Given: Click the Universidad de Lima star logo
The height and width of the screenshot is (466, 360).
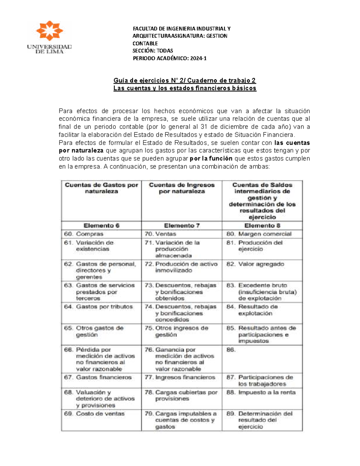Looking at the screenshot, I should click(49, 31).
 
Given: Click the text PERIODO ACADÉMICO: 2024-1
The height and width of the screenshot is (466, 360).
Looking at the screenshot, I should click(169, 58).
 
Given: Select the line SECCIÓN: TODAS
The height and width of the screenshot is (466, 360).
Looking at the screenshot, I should click(153, 51).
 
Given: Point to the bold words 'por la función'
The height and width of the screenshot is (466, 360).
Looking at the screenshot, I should click(211, 158).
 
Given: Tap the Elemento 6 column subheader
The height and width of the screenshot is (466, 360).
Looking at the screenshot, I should click(101, 226).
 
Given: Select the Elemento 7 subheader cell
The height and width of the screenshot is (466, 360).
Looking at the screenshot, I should click(182, 226).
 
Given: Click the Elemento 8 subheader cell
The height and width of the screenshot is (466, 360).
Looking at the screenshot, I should click(262, 226).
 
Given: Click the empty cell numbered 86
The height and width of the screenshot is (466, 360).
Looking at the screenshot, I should click(262, 359).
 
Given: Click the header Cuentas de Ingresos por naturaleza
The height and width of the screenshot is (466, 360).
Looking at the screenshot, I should click(182, 188).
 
